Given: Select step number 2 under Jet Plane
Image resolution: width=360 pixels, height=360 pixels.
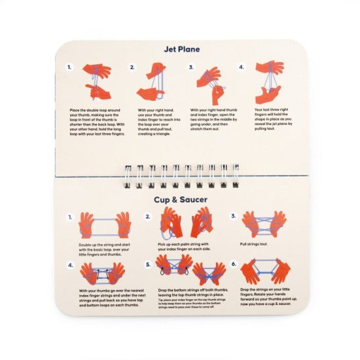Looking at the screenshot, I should tap(132, 67).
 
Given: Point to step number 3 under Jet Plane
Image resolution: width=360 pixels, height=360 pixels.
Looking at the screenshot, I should tap(191, 67).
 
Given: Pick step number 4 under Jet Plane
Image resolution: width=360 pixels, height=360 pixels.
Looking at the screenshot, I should tap(242, 67).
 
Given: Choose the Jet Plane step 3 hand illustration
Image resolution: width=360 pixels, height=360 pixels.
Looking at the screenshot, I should tap(211, 81).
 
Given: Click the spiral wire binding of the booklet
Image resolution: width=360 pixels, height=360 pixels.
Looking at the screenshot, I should tap(179, 175).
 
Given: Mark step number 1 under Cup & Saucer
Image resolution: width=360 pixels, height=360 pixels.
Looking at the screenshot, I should tap(69, 216).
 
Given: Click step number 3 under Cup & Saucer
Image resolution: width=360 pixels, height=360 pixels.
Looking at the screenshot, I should tap(233, 216).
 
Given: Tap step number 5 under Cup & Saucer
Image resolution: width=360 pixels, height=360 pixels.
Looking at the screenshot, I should tap(148, 265).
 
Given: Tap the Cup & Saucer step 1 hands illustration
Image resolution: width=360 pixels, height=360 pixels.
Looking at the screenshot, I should tap(105, 225).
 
